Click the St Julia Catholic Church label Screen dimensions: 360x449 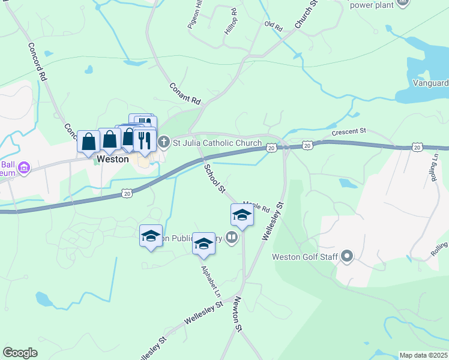[217, 143]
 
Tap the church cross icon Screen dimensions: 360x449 [164, 143]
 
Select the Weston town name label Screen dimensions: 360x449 [113, 160]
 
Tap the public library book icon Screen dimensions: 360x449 [232, 238]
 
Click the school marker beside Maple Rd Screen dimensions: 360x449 [242, 215]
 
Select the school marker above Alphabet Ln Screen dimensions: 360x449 [204, 242]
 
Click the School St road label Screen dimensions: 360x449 [214, 178]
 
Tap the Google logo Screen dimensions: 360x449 [20, 353]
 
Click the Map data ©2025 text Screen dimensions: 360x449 [423, 355]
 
